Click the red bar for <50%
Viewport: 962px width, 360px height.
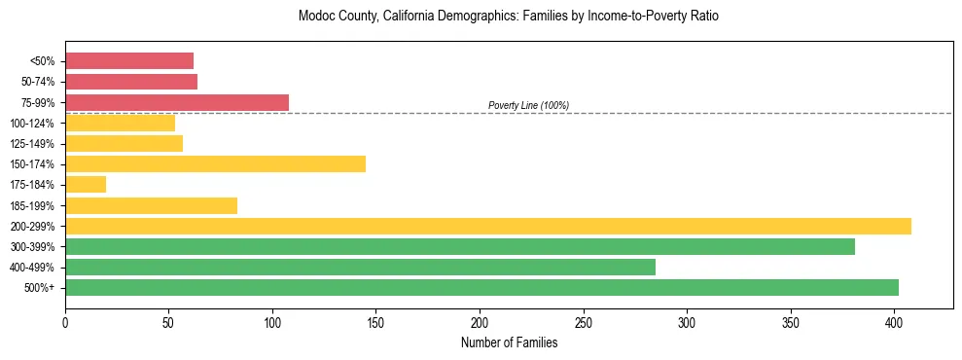coord(129,61)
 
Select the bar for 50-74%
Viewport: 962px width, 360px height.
coord(131,82)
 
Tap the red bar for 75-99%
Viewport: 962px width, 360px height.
coord(177,102)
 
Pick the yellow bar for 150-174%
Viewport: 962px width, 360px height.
coord(215,164)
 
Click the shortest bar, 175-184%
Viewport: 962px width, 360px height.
coord(86,185)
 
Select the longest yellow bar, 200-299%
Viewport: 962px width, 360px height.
coord(488,226)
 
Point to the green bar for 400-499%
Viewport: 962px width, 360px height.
coord(360,267)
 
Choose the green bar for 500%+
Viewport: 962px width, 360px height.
coord(481,287)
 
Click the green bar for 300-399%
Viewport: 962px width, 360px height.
coord(460,246)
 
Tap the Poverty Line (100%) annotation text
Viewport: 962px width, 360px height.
coord(528,105)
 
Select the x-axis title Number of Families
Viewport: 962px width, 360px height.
coord(509,342)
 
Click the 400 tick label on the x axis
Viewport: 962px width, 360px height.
coord(895,322)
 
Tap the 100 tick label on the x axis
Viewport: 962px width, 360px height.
coord(272,322)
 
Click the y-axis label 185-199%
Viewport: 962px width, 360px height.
coord(36,205)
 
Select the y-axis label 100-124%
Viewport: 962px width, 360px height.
coord(36,124)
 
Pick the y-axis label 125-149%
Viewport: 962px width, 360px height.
coord(36,144)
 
